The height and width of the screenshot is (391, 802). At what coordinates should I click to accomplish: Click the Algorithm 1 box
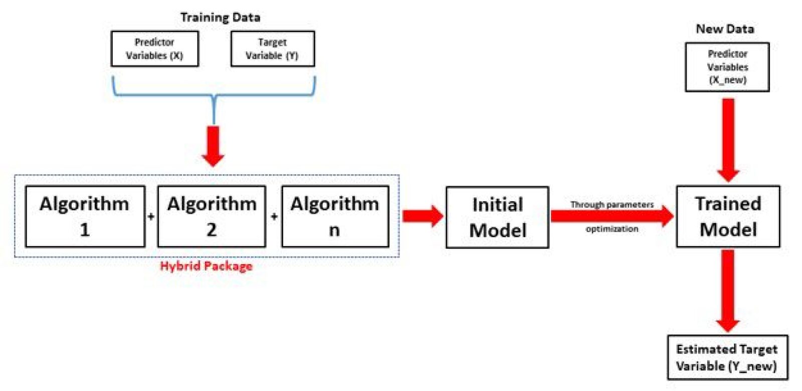pos(85,217)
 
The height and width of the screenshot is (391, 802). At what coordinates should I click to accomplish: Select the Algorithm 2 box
pos(212,217)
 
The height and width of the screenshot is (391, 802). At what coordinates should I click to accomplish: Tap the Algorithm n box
pos(335,217)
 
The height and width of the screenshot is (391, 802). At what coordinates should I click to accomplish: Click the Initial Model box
pos(497,217)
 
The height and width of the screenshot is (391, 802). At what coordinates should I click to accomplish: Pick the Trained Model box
pos(728,217)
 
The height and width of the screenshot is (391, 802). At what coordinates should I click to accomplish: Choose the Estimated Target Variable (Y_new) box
pos(727,357)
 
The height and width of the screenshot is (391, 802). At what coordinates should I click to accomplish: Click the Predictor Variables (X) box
pos(154,49)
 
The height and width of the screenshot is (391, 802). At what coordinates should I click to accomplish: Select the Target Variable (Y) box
pos(272,49)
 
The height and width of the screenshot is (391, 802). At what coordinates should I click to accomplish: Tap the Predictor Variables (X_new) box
pos(727,67)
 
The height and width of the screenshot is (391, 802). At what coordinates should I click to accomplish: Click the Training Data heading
pos(220,18)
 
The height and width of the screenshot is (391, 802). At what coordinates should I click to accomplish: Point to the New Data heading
pos(725,29)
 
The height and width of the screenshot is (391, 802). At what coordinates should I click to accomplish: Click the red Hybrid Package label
pos(206,266)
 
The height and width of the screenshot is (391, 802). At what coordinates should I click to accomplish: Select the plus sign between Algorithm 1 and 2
pos(151,217)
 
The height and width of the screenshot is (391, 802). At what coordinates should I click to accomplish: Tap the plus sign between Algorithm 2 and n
pos(274,217)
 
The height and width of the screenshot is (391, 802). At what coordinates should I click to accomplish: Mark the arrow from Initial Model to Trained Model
pos(612,216)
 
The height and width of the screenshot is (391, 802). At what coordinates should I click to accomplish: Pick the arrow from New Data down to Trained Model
pos(728,138)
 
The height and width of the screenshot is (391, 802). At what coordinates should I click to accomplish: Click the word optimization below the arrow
pos(612,229)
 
